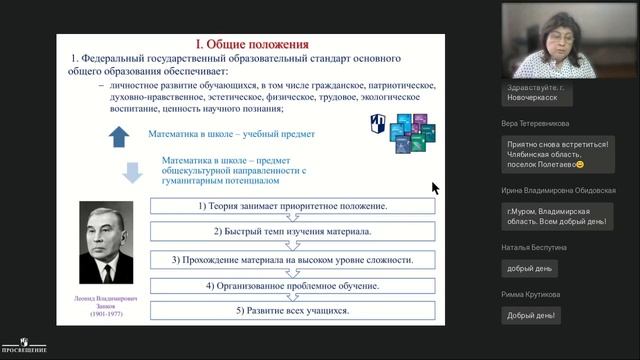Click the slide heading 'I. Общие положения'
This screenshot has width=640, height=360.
(x=251, y=45)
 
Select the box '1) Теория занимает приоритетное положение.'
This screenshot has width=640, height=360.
(x=292, y=206)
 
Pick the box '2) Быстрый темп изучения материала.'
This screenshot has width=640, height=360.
(x=292, y=233)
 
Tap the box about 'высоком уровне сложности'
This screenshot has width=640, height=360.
(x=292, y=259)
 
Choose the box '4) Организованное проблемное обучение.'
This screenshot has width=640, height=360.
(x=292, y=285)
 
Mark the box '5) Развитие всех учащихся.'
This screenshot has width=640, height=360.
(x=292, y=311)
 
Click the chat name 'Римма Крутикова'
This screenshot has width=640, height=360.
(x=532, y=295)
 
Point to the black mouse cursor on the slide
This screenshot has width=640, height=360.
(x=436, y=187)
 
